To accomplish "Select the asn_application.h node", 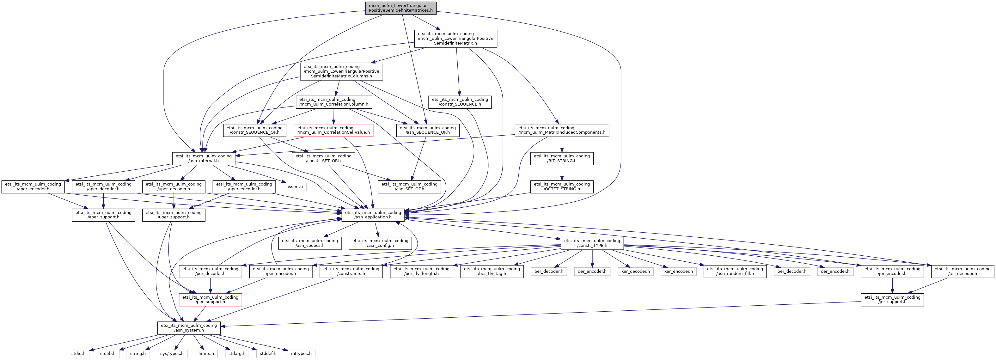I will pos(373,215).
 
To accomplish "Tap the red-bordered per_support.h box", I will pos(210,300).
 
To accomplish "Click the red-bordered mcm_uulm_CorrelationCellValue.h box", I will pos(333,130).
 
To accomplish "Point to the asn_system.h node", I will pos(189,328).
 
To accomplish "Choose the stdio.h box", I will pos(78,353).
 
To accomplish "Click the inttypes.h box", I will pos(301,353).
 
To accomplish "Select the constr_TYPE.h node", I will pos(592,243).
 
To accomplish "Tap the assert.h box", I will pos(295,187).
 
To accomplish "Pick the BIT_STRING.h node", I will pos(561,159).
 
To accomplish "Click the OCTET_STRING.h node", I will pos(561,187).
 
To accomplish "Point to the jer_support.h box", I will pos(892,300).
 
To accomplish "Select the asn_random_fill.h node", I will pos(735,272).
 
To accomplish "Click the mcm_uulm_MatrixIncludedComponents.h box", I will pos(561,130).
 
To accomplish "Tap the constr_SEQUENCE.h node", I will pos(460,102).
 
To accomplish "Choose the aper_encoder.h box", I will pos(33,187).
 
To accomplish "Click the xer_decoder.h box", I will pos(635,272).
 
